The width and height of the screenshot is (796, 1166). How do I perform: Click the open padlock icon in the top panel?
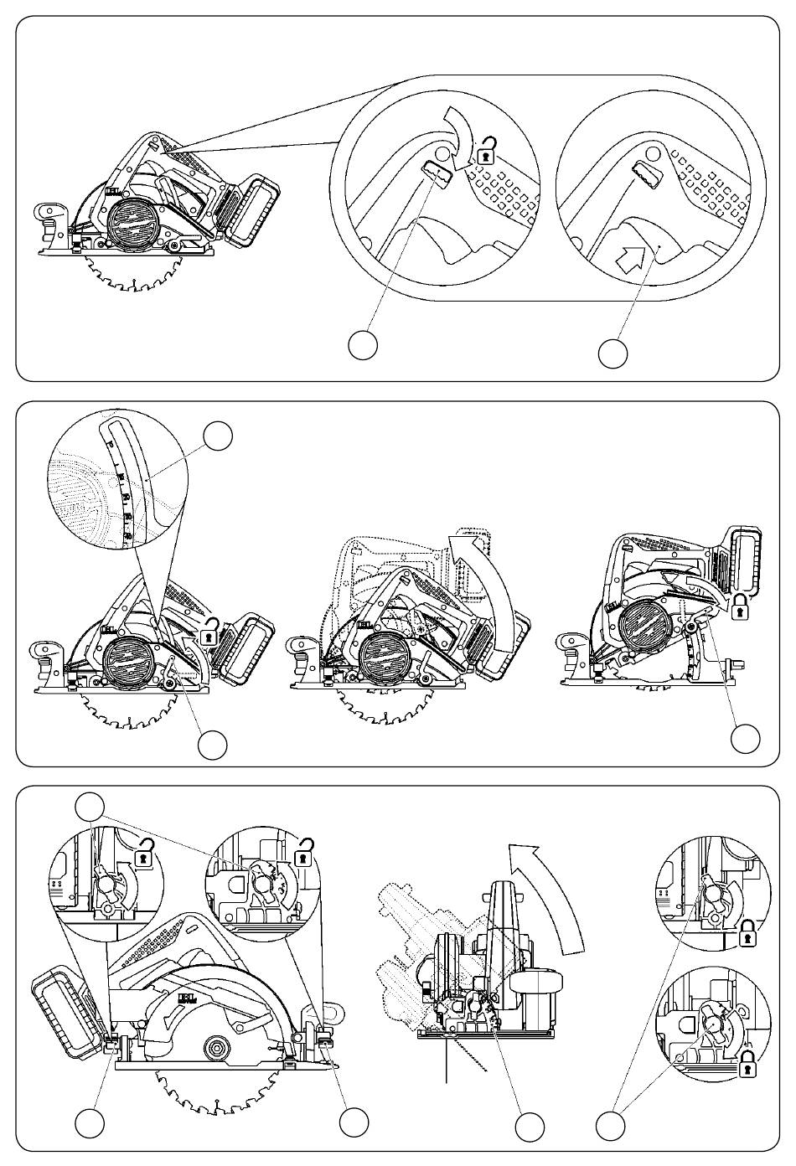485,152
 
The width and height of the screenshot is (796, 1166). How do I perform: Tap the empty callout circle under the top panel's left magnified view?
362,345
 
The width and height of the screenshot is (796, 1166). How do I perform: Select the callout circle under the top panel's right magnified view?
613,353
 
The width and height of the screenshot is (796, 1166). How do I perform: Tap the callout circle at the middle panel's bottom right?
745,738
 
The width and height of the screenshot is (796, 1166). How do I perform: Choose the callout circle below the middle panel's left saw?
213,744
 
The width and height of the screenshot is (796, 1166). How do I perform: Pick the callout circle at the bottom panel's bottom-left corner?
90,1122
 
